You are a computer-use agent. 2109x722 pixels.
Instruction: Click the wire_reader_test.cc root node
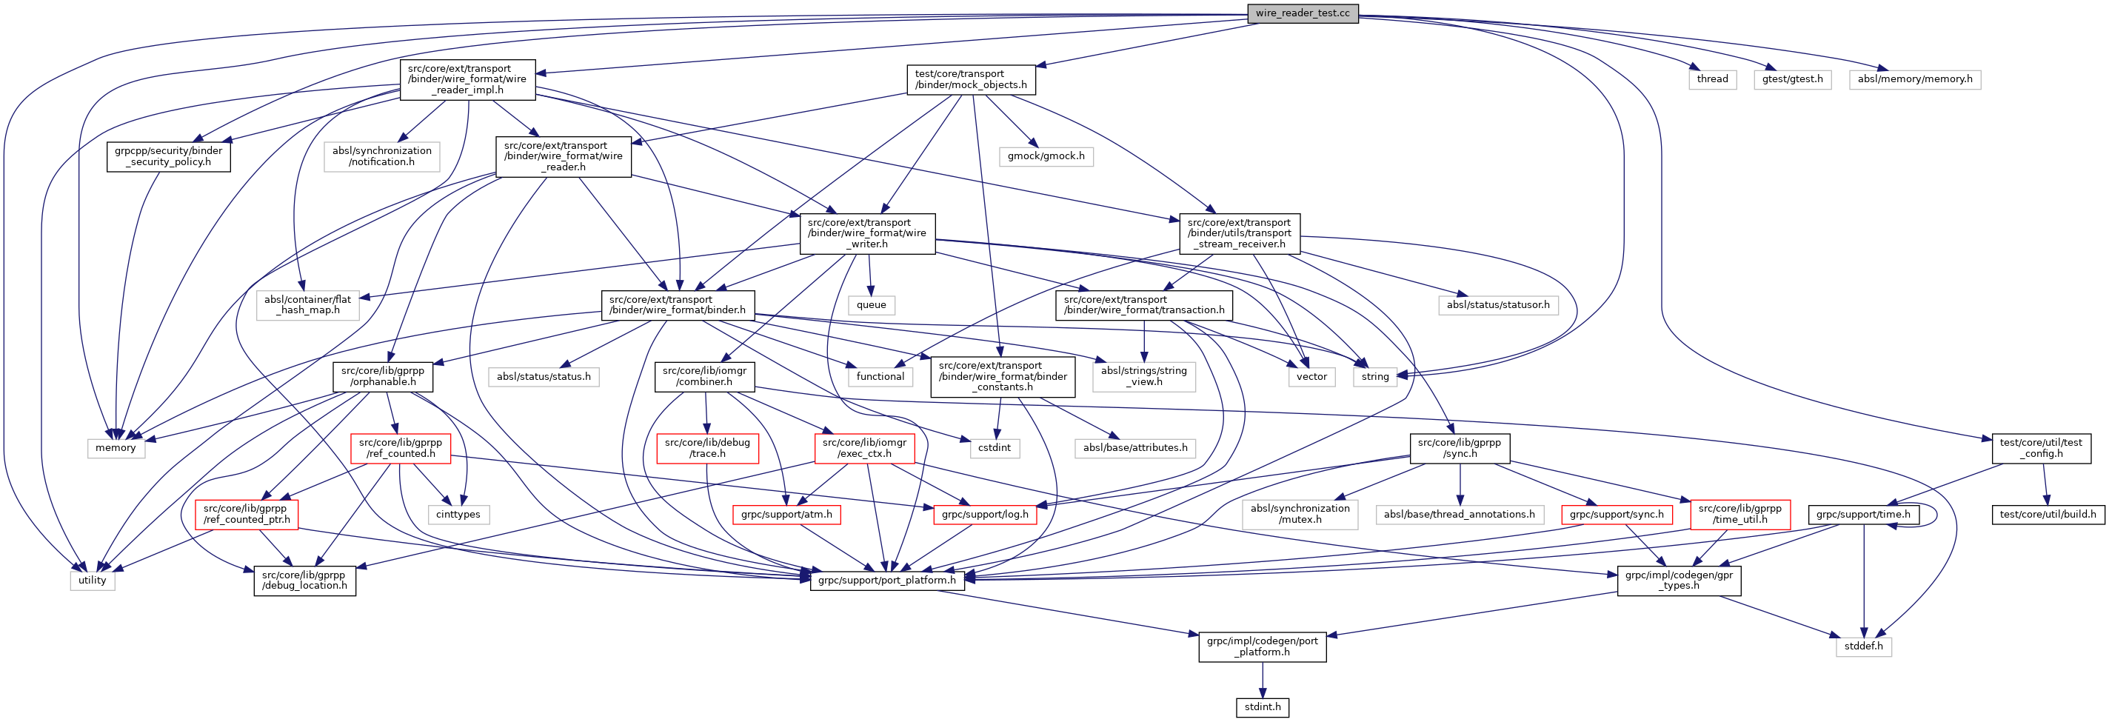pos(1302,14)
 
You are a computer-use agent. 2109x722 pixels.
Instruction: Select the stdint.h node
pos(1262,706)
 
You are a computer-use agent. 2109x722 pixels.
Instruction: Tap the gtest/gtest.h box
pos(1792,79)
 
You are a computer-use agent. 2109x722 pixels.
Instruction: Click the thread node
pos(1712,79)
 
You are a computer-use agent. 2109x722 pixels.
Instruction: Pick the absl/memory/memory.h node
pos(1914,79)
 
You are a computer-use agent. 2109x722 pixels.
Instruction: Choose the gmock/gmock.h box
pos(1046,156)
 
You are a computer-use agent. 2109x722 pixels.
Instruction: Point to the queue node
pos(871,305)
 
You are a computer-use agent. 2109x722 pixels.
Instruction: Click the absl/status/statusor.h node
pos(1497,305)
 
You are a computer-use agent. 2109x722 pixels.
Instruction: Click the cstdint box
pos(994,448)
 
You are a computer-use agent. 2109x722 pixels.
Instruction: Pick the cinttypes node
pos(458,515)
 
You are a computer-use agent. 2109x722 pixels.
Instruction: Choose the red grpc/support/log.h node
pos(985,515)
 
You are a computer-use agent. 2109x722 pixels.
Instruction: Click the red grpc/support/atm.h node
pos(786,515)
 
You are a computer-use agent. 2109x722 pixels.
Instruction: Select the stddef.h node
pos(1863,646)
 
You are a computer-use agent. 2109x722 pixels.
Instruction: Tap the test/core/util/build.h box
pos(2048,515)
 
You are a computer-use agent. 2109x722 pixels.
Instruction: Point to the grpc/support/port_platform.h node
pos(886,581)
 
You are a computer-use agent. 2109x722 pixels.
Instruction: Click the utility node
pos(93,581)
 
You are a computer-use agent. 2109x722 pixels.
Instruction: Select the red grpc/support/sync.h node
pos(1616,515)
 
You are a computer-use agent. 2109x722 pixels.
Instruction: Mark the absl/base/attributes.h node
pos(1134,448)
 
